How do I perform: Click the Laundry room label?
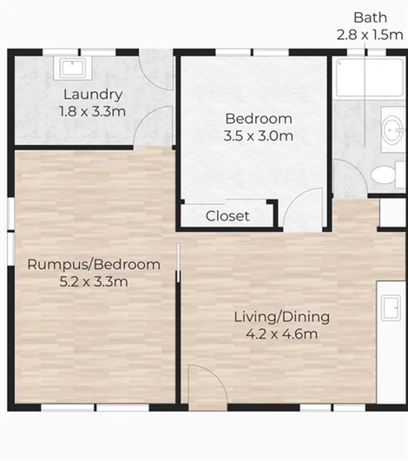coord(92,95)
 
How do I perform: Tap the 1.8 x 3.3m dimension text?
coord(92,111)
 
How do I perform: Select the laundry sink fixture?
coord(69,67)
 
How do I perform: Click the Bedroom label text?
coord(258,119)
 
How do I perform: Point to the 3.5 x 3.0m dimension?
coord(258,136)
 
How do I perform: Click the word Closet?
coord(227,216)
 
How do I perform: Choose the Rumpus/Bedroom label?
coord(94,264)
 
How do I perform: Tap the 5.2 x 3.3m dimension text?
coord(94,281)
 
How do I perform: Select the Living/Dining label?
coord(277,317)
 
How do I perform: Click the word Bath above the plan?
coord(370,17)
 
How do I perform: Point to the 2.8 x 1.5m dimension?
coord(371,35)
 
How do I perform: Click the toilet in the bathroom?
coord(383,174)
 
